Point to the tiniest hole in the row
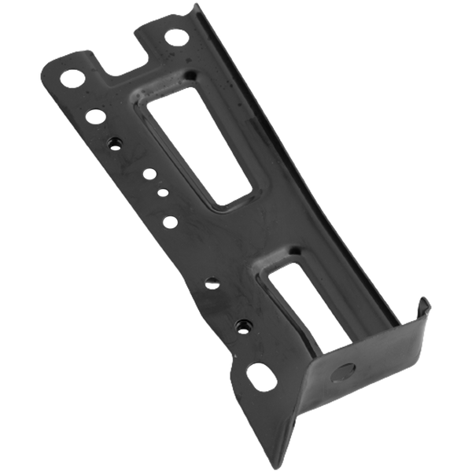(x=162, y=190)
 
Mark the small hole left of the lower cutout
(x=212, y=281)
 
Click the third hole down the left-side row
(x=115, y=142)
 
